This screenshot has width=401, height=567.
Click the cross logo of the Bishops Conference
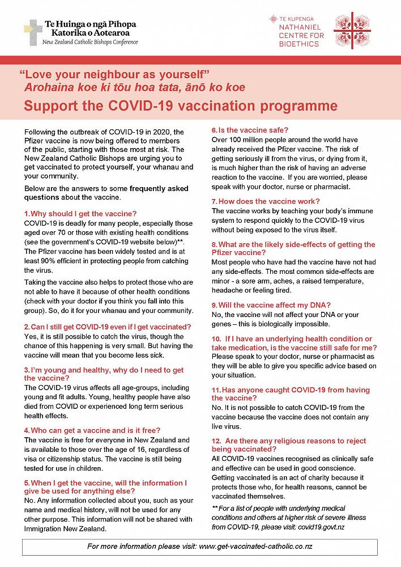[x=32, y=32]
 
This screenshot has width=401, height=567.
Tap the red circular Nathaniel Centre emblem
[x=352, y=31]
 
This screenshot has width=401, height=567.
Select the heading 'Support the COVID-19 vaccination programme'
[x=180, y=106]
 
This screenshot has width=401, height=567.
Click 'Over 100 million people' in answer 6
[x=249, y=139]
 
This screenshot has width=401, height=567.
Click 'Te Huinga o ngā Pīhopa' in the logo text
[x=89, y=24]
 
